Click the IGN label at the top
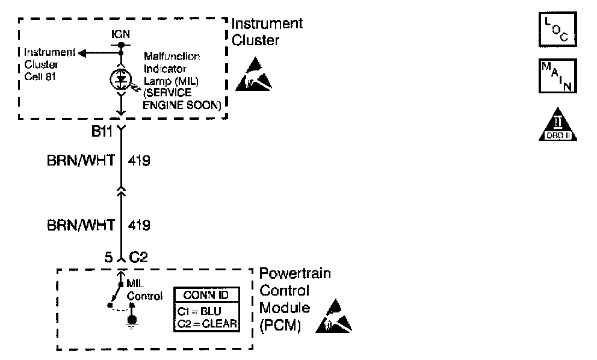(121, 34)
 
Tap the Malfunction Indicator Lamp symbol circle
(121, 78)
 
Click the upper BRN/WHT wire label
(80, 161)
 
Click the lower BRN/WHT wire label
(80, 225)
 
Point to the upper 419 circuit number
(139, 161)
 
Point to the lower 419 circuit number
(139, 225)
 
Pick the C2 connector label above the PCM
(138, 258)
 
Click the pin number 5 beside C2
(108, 258)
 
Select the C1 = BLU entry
(200, 312)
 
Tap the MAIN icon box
(557, 75)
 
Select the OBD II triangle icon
(558, 125)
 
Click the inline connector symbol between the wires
(121, 192)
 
